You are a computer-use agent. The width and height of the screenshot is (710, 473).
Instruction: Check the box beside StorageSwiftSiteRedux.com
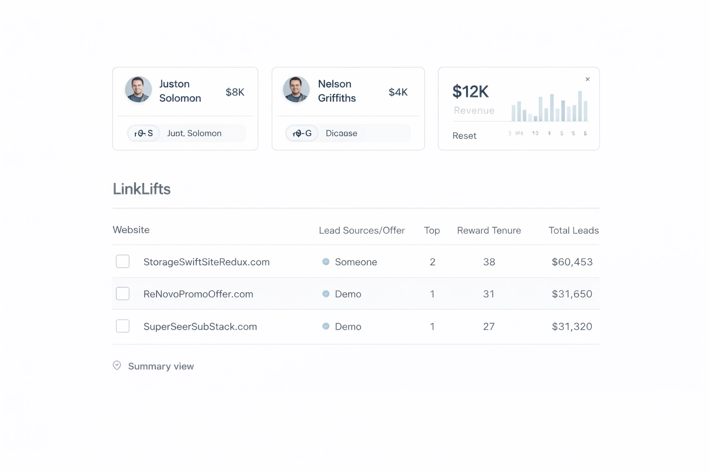122,261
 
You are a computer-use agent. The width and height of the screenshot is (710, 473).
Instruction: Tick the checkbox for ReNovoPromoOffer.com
122,294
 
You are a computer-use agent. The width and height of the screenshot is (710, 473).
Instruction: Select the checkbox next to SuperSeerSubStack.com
122,326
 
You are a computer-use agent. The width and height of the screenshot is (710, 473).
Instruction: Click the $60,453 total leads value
572,262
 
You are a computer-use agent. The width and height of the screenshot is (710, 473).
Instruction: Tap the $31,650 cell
572,294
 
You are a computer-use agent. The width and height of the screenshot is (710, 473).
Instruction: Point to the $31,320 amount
572,327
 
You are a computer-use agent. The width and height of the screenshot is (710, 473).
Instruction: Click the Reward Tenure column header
489,230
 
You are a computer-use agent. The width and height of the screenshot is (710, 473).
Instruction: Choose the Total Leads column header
573,230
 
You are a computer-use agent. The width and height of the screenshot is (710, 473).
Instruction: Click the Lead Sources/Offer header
361,230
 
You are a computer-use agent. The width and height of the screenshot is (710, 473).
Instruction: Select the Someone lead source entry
355,262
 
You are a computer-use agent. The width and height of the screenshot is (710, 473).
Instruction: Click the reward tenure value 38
489,262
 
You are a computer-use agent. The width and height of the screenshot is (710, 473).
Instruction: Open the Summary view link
160,366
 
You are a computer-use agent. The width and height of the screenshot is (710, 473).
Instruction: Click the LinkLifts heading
141,189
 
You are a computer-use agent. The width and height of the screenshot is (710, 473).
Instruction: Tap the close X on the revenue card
588,79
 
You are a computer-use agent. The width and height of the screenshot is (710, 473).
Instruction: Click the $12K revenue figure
470,91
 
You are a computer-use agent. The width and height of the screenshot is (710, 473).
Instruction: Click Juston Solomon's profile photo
138,89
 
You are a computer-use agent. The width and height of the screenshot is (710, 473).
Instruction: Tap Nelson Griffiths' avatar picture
296,89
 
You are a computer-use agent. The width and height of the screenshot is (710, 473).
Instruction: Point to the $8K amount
235,92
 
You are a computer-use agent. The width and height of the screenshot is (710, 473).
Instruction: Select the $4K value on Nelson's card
398,92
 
